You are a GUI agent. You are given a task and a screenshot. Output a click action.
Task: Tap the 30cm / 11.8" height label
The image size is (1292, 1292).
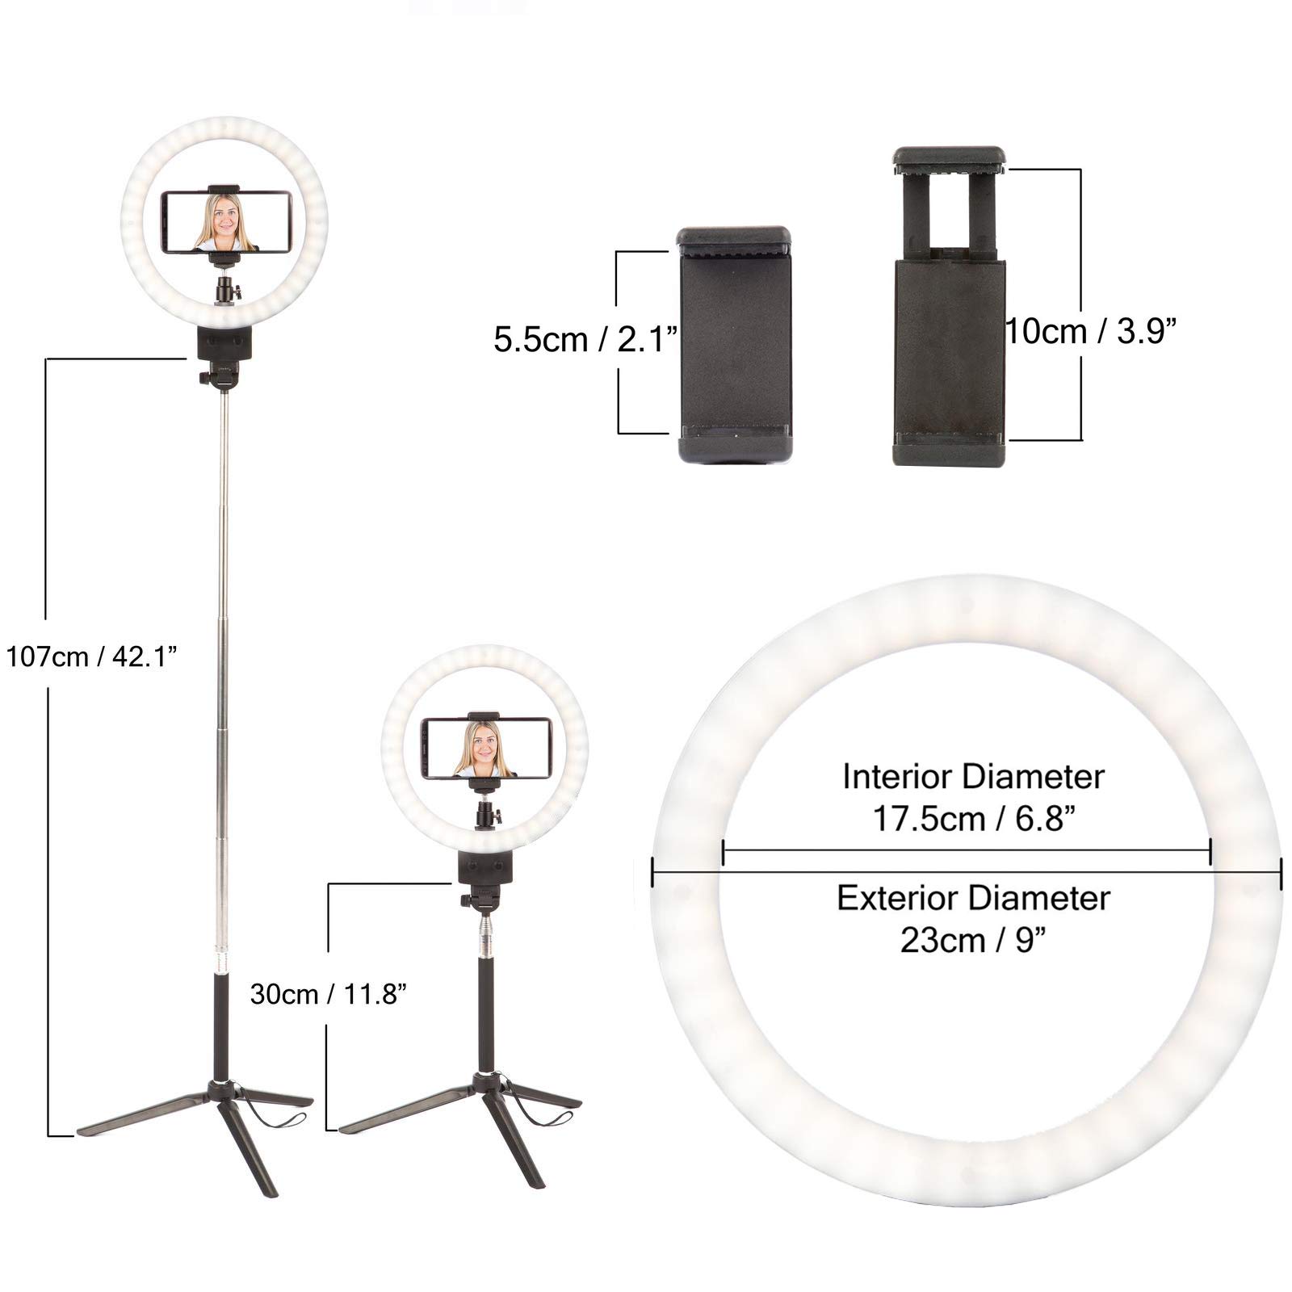tap(327, 994)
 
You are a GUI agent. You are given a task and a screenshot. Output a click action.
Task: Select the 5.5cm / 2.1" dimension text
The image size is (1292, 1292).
tap(585, 339)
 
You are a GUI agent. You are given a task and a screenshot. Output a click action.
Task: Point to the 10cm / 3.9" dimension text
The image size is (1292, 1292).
tap(1091, 330)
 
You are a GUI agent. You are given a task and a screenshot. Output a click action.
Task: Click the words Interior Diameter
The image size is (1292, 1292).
tap(973, 777)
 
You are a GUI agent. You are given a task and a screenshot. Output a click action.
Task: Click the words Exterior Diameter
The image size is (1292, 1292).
tap(973, 898)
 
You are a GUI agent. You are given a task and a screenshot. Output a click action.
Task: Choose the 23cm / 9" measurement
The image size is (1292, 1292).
tap(972, 941)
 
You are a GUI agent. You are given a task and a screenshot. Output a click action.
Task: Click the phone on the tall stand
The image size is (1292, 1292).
tap(227, 221)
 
